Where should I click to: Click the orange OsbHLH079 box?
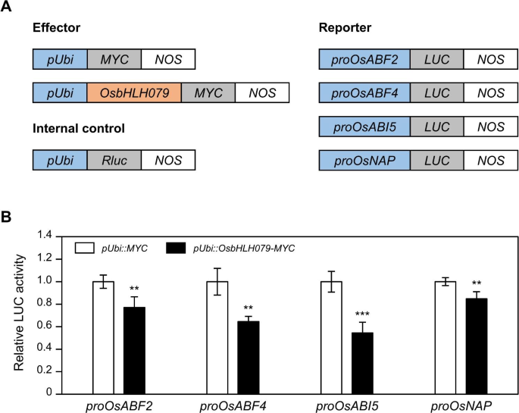pos(134,92)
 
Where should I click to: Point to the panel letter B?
pos(7,217)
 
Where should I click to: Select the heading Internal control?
pos(78,129)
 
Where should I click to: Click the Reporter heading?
pos(345,29)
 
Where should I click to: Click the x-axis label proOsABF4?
pos(230,405)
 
